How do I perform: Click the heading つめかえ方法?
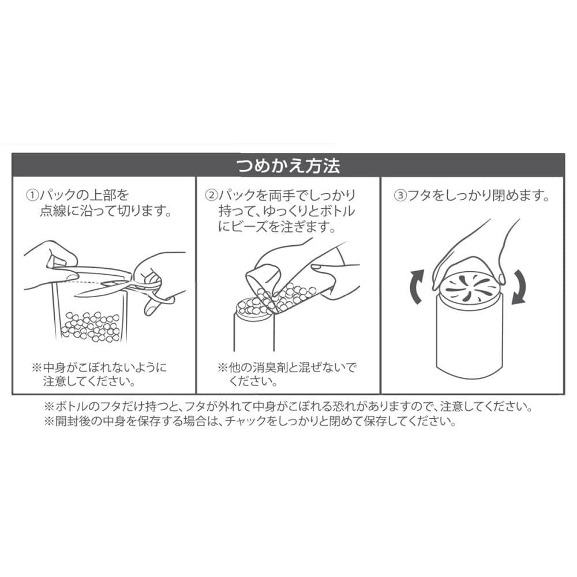pos(288,165)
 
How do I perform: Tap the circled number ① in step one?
pos(32,195)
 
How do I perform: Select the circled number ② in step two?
pos(212,195)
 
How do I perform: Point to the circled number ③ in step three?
pos(400,195)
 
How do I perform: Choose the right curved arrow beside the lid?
pos(519,287)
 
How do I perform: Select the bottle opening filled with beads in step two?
pos(254,310)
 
